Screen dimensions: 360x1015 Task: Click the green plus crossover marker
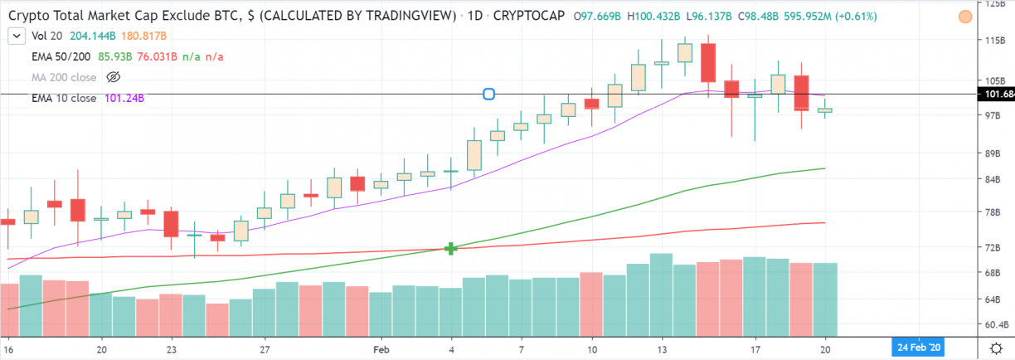pyautogui.click(x=451, y=248)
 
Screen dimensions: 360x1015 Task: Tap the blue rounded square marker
pyautogui.click(x=488, y=95)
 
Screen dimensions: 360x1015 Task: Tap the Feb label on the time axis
pyautogui.click(x=381, y=349)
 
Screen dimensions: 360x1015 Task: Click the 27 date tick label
pyautogui.click(x=265, y=349)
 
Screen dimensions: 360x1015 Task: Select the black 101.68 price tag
pyautogui.click(x=998, y=95)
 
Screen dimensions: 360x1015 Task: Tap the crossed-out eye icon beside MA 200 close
pyautogui.click(x=114, y=77)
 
